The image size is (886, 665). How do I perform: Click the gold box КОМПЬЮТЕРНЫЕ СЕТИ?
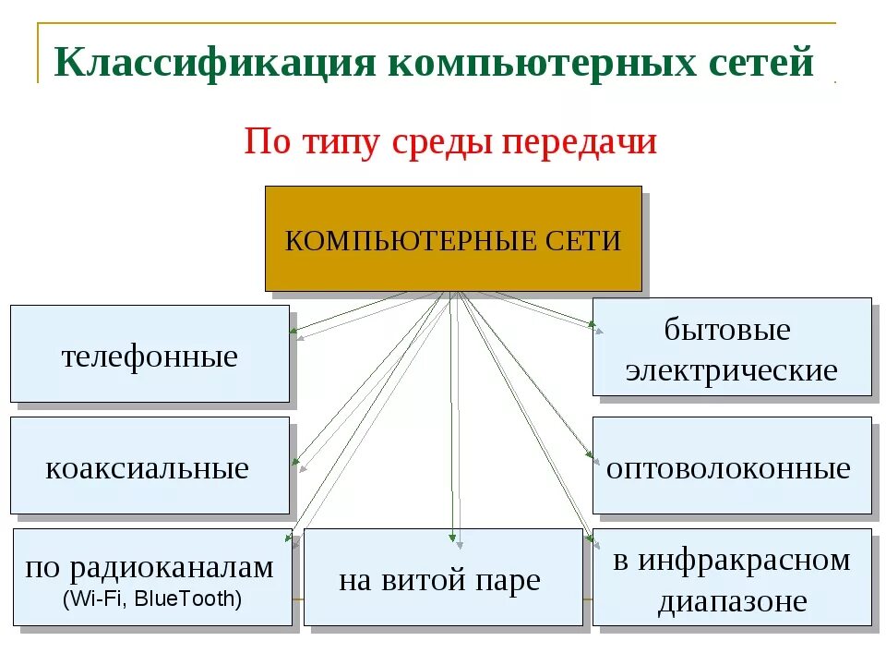click(x=453, y=239)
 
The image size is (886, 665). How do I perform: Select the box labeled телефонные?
click(x=150, y=355)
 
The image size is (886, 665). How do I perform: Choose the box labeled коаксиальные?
click(x=150, y=465)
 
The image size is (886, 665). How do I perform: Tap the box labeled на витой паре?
click(x=443, y=578)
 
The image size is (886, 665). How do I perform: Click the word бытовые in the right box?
click(x=727, y=330)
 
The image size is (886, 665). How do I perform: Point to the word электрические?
click(x=731, y=370)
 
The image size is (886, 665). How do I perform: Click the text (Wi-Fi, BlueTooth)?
click(x=151, y=598)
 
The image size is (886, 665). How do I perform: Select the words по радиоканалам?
click(x=150, y=566)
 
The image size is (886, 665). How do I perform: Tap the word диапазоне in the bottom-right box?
click(x=732, y=601)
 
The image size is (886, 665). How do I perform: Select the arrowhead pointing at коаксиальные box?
click(x=293, y=458)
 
